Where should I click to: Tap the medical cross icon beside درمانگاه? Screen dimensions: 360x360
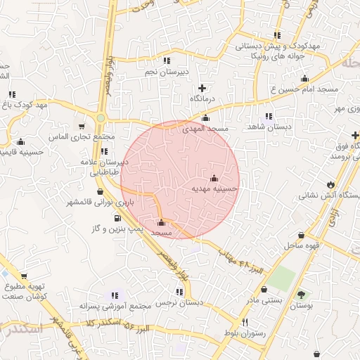tap(202, 88)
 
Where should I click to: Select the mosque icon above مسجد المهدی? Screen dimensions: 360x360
tap(205, 119)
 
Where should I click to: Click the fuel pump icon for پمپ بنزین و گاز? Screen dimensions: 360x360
tap(117, 217)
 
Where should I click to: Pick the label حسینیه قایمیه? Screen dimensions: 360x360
tap(21, 151)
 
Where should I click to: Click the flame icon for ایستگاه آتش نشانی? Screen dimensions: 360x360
tap(329, 184)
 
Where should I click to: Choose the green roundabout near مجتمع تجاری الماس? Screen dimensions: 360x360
tap(101, 118)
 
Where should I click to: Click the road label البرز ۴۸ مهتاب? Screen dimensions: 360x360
tap(241, 262)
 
